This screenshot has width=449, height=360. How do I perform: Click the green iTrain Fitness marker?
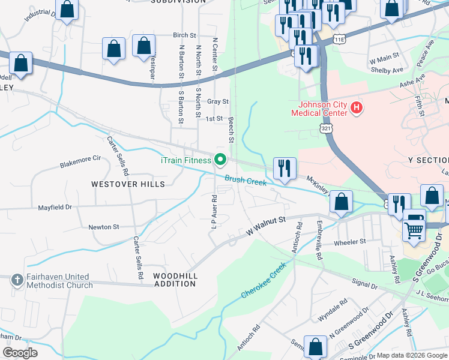pyautogui.click(x=220, y=160)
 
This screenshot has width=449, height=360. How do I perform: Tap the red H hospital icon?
pyautogui.click(x=357, y=108)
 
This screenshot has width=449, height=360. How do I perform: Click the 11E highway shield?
pyautogui.click(x=340, y=39)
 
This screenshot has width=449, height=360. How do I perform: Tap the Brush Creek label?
pyautogui.click(x=246, y=179)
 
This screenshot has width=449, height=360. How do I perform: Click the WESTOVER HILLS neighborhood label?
pyautogui.click(x=128, y=184)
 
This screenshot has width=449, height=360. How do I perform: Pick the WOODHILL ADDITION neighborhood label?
pyautogui.click(x=175, y=279)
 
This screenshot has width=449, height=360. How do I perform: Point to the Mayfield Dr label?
pyautogui.click(x=55, y=208)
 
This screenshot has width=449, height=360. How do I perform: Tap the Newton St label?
pyautogui.click(x=104, y=227)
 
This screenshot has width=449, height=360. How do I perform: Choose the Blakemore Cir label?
pyautogui.click(x=80, y=161)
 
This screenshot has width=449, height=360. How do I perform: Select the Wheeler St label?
pyautogui.click(x=349, y=242)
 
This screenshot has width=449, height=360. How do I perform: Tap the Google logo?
pyautogui.click(x=20, y=353)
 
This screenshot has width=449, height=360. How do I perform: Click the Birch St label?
pyautogui.click(x=184, y=36)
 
